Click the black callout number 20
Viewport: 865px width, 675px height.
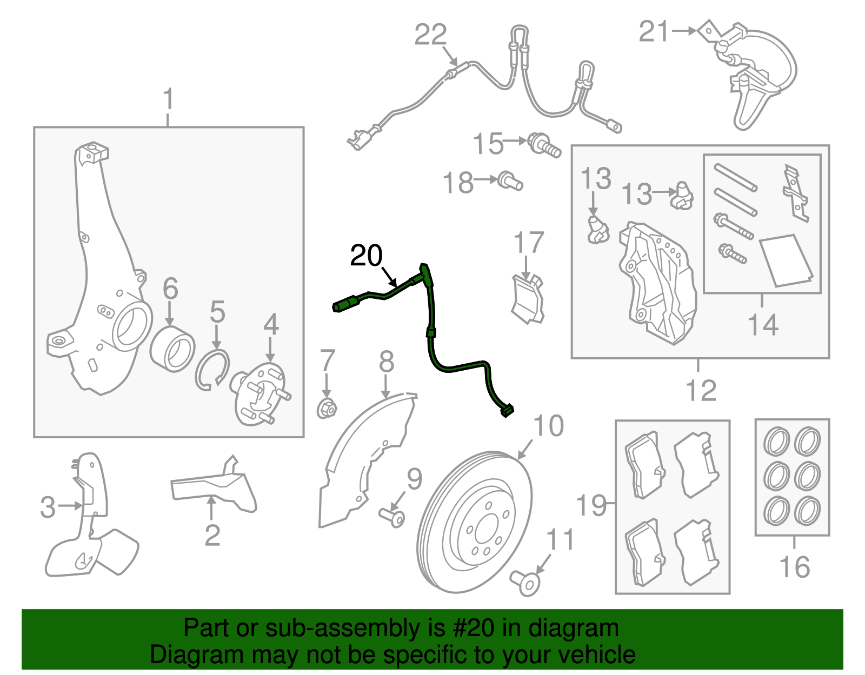click(x=366, y=256)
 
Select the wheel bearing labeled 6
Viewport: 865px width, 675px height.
click(x=172, y=349)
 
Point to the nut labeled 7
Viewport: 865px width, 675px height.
click(x=327, y=408)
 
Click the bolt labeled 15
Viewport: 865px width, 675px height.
click(x=543, y=144)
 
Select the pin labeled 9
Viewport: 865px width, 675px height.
click(x=392, y=518)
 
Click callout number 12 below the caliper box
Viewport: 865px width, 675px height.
click(x=701, y=390)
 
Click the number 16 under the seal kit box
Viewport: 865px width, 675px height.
click(x=794, y=567)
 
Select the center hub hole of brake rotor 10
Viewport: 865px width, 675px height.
click(x=485, y=528)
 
